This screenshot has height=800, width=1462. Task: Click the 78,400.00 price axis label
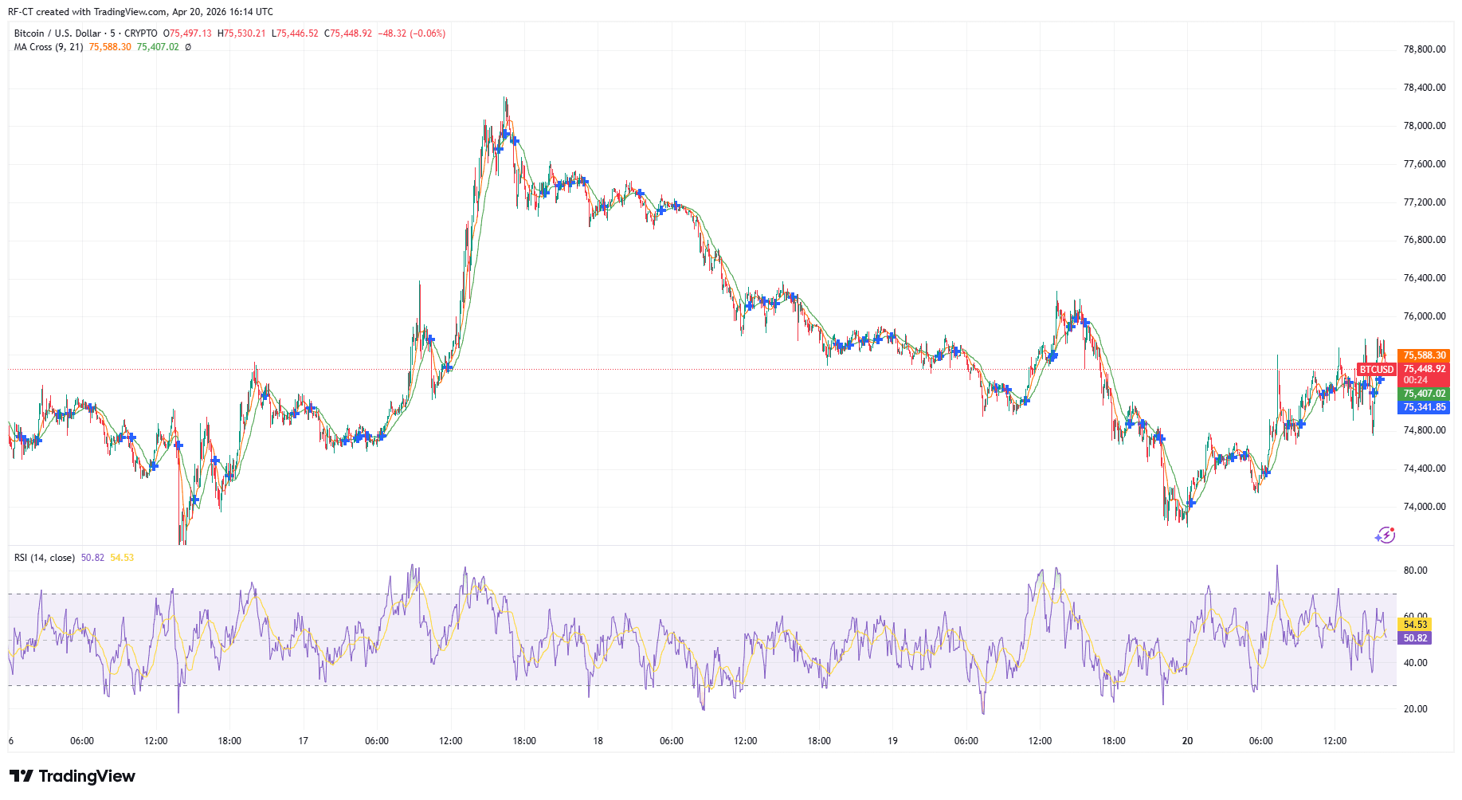(1424, 88)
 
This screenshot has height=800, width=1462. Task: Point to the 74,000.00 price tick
(1424, 507)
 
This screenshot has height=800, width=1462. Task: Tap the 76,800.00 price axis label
(1424, 240)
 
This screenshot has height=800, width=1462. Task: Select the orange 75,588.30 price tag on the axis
(1424, 355)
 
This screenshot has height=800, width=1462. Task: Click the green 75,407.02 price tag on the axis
(1424, 394)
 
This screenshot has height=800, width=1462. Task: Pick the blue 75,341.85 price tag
(1424, 407)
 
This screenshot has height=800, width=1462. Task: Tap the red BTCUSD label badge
(1377, 370)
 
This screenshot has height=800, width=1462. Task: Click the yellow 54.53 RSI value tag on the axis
(1415, 625)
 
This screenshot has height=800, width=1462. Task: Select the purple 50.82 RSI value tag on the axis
(1415, 638)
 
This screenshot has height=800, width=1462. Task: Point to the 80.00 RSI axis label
(1415, 571)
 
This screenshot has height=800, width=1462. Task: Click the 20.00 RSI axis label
(1415, 709)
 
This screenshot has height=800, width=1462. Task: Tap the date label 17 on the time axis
(303, 741)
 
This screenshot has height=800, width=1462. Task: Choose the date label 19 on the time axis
(892, 741)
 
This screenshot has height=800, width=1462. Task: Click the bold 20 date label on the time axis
(1187, 741)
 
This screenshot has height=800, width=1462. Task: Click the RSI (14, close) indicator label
(45, 558)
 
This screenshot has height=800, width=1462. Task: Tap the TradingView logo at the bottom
(73, 776)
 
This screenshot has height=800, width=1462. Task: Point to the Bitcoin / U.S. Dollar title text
(57, 33)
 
